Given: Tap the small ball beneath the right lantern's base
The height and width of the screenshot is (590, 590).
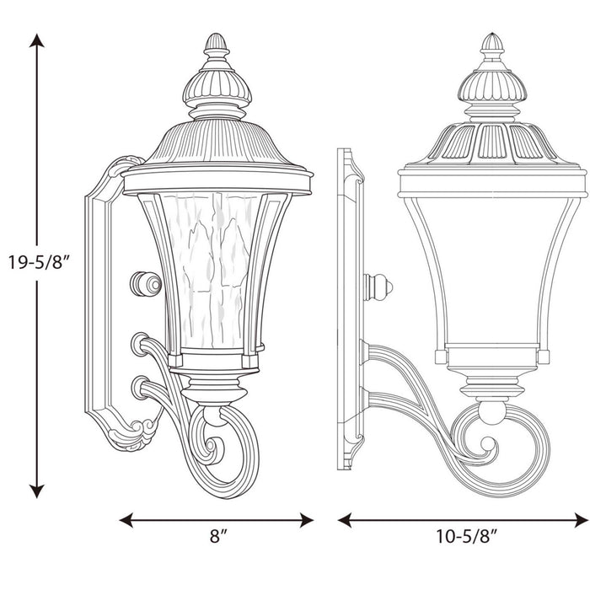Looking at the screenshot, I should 492,411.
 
